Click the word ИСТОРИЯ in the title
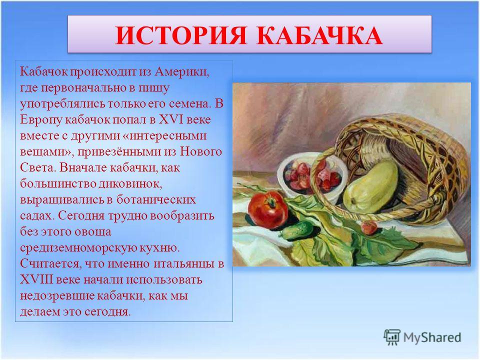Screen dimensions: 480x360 [x=181, y=36]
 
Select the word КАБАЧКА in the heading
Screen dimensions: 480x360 [x=319, y=36]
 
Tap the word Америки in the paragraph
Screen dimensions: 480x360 [x=182, y=71]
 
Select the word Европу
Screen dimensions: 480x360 [x=41, y=119]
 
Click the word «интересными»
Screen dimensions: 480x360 [x=164, y=135]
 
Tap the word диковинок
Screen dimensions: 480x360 [x=130, y=183]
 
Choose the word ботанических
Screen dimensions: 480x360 [x=156, y=199]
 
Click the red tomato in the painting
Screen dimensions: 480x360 [x=267, y=209]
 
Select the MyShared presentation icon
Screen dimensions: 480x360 [x=392, y=337]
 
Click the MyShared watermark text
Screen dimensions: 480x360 [x=432, y=337]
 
